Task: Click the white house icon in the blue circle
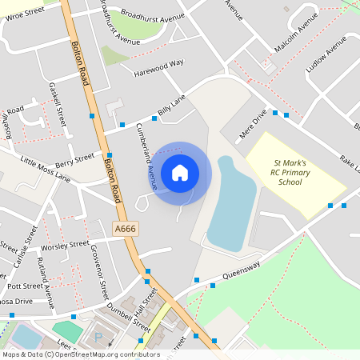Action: [180, 172]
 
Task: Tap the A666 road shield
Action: [125, 229]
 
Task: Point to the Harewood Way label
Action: [158, 62]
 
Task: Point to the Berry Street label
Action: [74, 159]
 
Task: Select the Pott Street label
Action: [24, 286]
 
